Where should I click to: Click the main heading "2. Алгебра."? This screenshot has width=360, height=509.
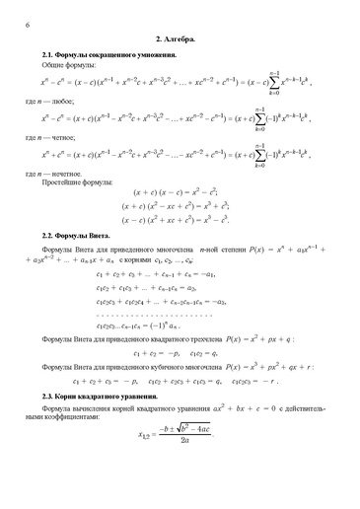180,38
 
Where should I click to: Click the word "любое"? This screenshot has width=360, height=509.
73,101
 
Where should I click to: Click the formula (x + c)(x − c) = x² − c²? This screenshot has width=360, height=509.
180,195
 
